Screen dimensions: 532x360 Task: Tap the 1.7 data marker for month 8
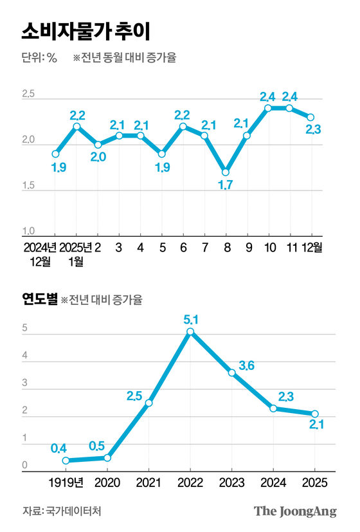pyautogui.click(x=225, y=172)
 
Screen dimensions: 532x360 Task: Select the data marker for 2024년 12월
pyautogui.click(x=56, y=154)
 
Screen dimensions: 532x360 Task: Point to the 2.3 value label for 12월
pyautogui.click(x=313, y=130)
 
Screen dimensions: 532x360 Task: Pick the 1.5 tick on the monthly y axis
pyautogui.click(x=28, y=186)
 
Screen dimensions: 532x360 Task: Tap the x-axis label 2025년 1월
pyautogui.click(x=76, y=253)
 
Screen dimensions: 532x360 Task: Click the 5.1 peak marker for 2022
pyautogui.click(x=190, y=332)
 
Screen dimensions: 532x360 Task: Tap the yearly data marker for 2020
pyautogui.click(x=107, y=457)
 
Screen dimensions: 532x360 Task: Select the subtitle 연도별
pyautogui.click(x=39, y=298)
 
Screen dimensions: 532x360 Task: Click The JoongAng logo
pyautogui.click(x=295, y=511)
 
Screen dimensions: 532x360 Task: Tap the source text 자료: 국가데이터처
pyautogui.click(x=62, y=511)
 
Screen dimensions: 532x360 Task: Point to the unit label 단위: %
pyautogui.click(x=39, y=58)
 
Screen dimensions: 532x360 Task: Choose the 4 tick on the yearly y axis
pyautogui.click(x=24, y=356)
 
